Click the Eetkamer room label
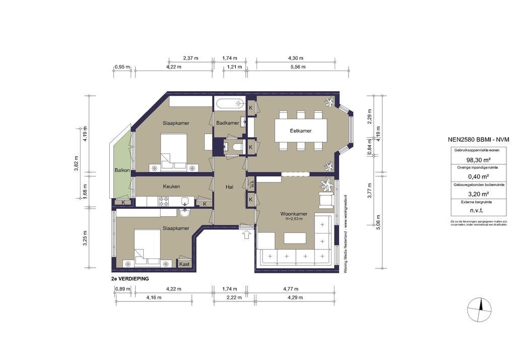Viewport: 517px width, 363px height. coord(300,131)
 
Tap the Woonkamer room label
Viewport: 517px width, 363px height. coord(294,214)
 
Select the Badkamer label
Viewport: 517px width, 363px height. coord(228,123)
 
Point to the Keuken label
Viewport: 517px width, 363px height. coord(171,187)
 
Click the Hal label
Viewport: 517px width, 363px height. coord(229,187)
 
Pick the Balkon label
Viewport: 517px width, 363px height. coord(122,171)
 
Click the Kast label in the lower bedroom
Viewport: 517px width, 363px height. coord(184,264)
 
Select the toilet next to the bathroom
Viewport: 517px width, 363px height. coord(237,146)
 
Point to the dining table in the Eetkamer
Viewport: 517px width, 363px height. coord(300,131)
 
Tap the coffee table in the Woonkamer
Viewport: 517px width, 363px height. coord(294,237)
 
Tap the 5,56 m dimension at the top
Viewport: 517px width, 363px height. coord(296,67)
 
